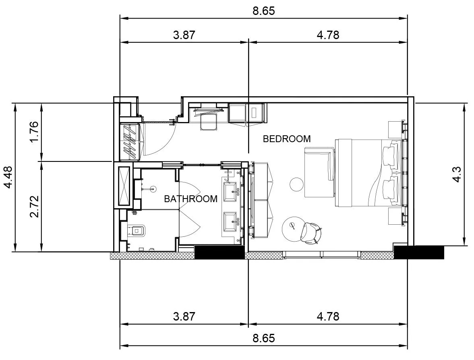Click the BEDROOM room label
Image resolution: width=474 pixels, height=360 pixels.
[287, 139]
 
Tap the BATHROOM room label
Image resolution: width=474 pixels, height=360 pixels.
[191, 199]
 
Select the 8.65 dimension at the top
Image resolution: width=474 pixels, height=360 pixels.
[264, 11]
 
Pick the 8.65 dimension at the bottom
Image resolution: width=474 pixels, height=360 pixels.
[264, 338]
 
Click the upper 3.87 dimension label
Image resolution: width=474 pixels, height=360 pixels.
[184, 35]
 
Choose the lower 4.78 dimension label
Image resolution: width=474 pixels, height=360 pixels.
[328, 317]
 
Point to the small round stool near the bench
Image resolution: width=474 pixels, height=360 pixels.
[296, 184]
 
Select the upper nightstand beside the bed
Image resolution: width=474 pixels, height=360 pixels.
[395, 130]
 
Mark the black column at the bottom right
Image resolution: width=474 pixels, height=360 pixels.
[419, 252]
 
